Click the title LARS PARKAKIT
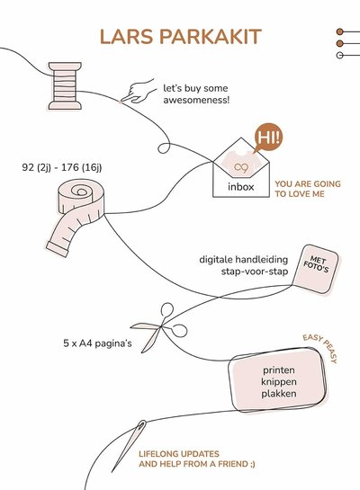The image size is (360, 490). (180, 36)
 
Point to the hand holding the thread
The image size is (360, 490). (138, 91)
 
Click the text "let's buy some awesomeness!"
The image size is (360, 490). (196, 94)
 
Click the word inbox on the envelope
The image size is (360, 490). (240, 187)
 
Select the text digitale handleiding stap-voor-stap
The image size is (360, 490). (238, 265)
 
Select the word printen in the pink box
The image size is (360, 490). (279, 370)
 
